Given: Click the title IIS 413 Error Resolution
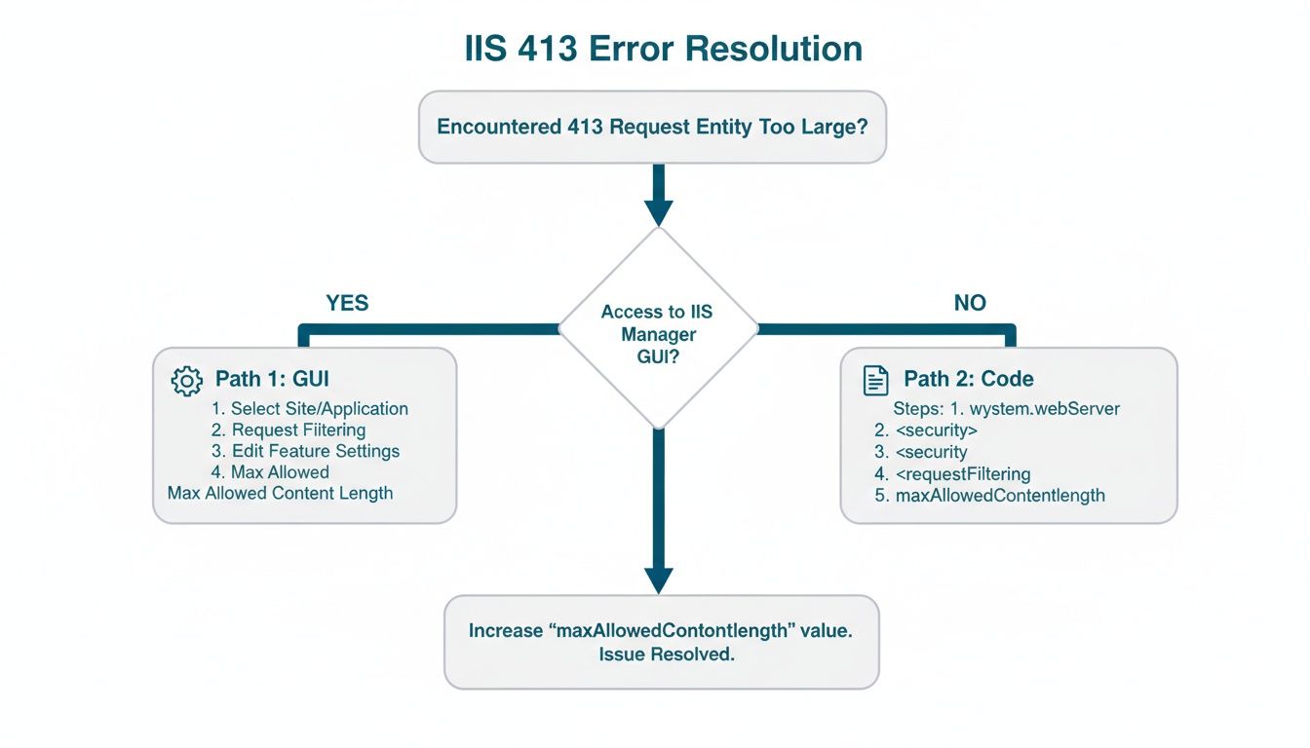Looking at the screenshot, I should tap(662, 48).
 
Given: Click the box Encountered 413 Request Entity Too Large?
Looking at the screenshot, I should tap(652, 128).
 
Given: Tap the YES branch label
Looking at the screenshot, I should tap(347, 303).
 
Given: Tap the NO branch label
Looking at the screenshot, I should tap(970, 303).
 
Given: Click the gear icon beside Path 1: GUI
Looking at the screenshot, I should tap(186, 381).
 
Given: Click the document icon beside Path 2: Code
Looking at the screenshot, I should tap(875, 380).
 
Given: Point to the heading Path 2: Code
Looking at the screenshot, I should tap(969, 379).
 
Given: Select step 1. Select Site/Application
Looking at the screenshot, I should tap(310, 409).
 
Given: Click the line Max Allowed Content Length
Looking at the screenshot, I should tap(280, 493).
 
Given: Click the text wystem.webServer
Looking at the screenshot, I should tap(1045, 409).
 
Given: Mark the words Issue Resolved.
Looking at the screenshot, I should tap(666, 654).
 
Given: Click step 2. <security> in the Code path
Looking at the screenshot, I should tap(926, 430).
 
